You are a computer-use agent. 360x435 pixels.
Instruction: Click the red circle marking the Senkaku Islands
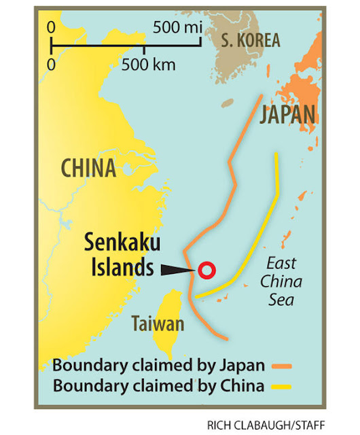click(206, 270)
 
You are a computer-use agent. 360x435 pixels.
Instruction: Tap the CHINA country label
click(88, 168)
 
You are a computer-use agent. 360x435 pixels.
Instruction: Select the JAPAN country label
click(287, 114)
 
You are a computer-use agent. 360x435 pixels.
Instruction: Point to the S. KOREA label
click(250, 39)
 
